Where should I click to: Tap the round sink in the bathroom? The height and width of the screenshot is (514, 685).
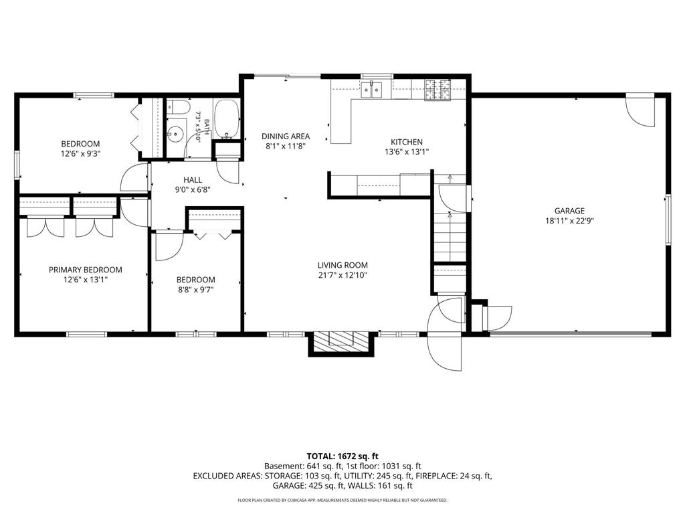[x=176, y=132]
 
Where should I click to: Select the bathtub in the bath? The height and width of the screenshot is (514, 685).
[x=227, y=119]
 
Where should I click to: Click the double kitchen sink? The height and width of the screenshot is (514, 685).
[x=371, y=90]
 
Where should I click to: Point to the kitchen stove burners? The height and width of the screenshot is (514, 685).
[x=437, y=90]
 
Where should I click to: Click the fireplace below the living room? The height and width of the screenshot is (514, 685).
[x=341, y=343]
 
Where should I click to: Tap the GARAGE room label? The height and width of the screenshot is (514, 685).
[x=569, y=211]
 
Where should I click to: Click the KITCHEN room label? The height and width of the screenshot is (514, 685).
[x=406, y=142]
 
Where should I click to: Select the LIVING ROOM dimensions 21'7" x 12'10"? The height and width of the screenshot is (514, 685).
[x=342, y=275]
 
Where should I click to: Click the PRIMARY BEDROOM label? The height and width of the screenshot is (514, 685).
[x=85, y=270]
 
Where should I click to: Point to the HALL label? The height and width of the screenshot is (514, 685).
[x=193, y=179]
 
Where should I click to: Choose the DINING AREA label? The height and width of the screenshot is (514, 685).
[x=286, y=137]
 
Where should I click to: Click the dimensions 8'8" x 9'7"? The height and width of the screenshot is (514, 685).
[x=195, y=289]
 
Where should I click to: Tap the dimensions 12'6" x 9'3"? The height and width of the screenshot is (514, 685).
[x=80, y=153]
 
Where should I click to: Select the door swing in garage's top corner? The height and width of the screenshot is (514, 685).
[x=640, y=110]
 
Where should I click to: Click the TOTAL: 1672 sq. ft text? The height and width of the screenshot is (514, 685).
[x=342, y=457]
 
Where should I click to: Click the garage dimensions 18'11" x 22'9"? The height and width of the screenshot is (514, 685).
[x=569, y=221]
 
